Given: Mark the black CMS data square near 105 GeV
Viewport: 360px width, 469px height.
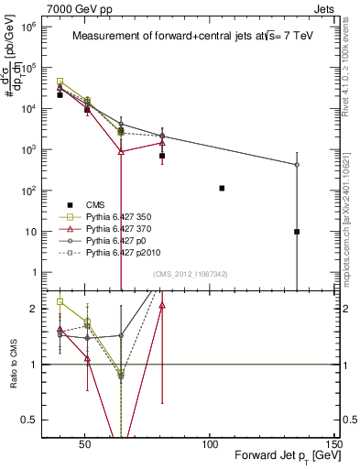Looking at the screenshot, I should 223,188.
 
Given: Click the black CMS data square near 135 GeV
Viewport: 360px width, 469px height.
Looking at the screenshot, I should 297,232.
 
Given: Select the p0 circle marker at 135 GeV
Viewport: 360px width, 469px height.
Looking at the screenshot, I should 297,165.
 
